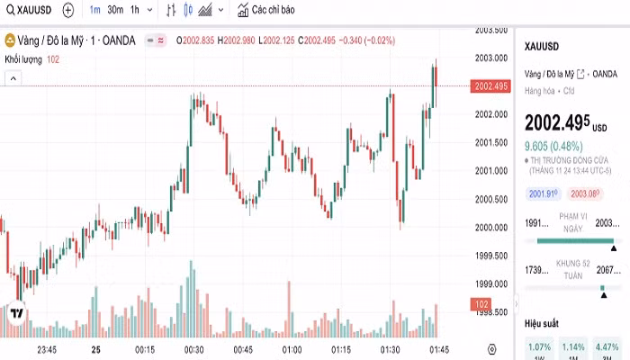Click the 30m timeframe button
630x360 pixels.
(x=115, y=10)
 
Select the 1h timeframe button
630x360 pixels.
(x=135, y=10)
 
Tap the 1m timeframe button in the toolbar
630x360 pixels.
(x=94, y=10)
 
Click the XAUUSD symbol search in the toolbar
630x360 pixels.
(x=25, y=10)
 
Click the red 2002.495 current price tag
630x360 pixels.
(x=490, y=86)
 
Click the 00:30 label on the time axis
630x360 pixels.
(x=193, y=349)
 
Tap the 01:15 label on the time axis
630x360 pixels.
(x=341, y=349)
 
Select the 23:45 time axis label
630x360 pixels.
(x=47, y=349)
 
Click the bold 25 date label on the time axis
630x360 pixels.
(x=96, y=349)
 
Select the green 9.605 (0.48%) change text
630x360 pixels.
(x=554, y=144)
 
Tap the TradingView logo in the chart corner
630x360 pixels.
(x=16, y=313)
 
